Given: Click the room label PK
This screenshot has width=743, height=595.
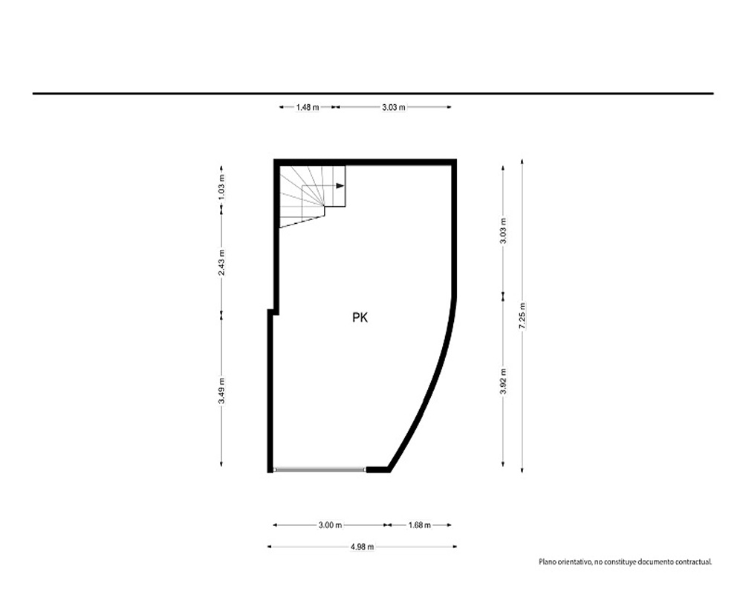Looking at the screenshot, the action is pyautogui.click(x=360, y=318).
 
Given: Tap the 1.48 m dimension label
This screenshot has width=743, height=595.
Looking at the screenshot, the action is pyautogui.click(x=308, y=107).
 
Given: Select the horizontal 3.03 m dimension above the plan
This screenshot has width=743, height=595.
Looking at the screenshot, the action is pyautogui.click(x=394, y=107).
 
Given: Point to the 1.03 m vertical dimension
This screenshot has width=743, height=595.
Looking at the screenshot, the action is pyautogui.click(x=221, y=187).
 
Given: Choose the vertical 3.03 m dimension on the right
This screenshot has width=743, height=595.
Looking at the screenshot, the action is pyautogui.click(x=503, y=231).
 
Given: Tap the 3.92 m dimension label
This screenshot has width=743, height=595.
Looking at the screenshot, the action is pyautogui.click(x=503, y=381).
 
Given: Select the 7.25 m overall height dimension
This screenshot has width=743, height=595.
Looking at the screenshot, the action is pyautogui.click(x=522, y=315).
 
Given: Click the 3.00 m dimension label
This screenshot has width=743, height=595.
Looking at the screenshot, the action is pyautogui.click(x=331, y=525).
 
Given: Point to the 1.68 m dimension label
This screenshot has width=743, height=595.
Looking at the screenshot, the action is pyautogui.click(x=419, y=525).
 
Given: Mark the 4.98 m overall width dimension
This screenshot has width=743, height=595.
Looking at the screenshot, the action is pyautogui.click(x=362, y=547).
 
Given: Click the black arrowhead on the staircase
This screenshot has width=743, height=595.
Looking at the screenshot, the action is pyautogui.click(x=340, y=185).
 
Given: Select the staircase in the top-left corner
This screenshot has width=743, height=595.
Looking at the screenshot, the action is pyautogui.click(x=312, y=196).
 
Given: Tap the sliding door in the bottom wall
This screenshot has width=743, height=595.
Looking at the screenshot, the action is pyautogui.click(x=319, y=470).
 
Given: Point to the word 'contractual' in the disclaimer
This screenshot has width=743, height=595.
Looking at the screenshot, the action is pyautogui.click(x=695, y=562).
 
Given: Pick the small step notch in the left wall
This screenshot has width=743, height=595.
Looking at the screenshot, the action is pyautogui.click(x=273, y=312).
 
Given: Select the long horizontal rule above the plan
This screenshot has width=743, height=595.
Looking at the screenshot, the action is pyautogui.click(x=373, y=94).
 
